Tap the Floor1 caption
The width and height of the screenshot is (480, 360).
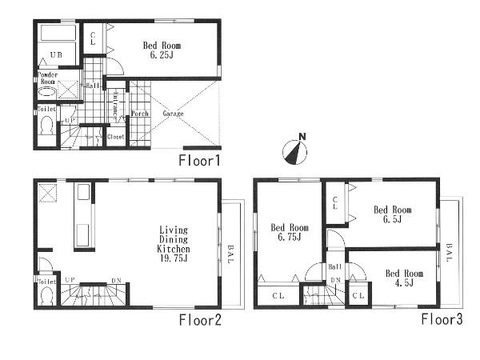tap(200, 161)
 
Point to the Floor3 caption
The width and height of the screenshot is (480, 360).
tap(443, 320)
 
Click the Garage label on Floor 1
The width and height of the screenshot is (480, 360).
tap(174, 114)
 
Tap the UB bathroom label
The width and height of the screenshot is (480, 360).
tap(55, 54)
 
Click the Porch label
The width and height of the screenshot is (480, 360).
tap(139, 114)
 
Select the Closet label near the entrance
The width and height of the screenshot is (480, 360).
tap(115, 137)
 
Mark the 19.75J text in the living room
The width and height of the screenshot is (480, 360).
tap(174, 260)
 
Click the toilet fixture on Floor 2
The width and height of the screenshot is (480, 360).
tap(46, 295)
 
